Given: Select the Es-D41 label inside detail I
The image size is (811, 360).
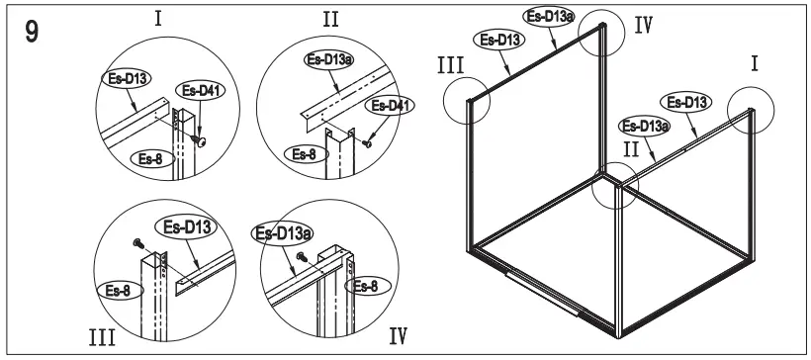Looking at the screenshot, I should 198,90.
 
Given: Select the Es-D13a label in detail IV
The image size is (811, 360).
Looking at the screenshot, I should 278,233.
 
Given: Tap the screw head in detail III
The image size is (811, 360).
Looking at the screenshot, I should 137,240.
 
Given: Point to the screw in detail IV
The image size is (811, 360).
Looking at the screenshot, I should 298,255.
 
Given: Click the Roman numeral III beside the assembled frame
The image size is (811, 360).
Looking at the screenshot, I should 451,67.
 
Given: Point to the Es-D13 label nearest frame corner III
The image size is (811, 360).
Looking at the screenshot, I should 499,41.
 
